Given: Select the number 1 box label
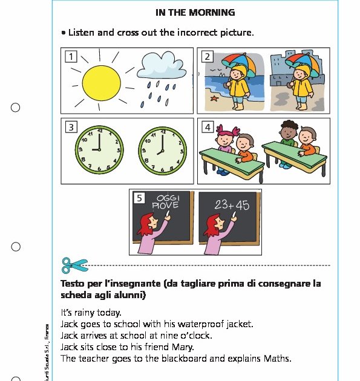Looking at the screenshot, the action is [x=71, y=57].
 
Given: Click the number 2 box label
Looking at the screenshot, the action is [x=207, y=57].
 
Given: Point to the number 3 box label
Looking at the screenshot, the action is [x=71, y=127].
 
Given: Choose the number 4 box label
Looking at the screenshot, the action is [x=207, y=127].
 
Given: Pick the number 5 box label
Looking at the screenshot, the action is [x=139, y=198].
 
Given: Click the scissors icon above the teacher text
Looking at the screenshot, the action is [x=74, y=265].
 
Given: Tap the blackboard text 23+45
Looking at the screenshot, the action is [x=231, y=205].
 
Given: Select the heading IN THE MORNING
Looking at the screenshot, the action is [x=195, y=12].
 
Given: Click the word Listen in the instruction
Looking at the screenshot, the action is [x=82, y=32].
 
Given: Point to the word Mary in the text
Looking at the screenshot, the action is [x=183, y=347].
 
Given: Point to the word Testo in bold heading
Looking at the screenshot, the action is [x=74, y=284].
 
